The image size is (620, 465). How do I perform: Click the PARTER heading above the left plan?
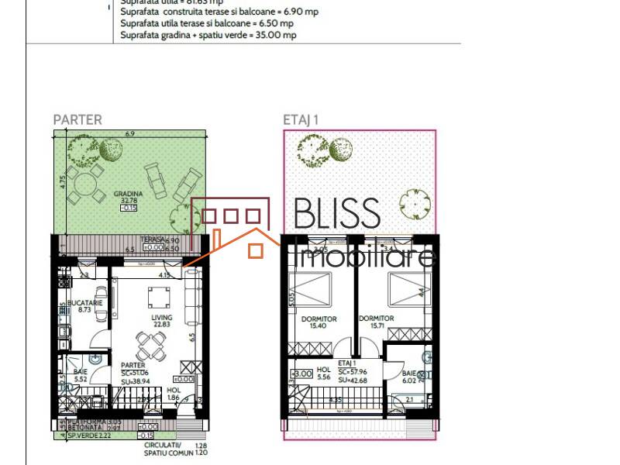(77, 120)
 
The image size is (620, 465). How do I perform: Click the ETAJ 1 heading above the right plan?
(301, 120)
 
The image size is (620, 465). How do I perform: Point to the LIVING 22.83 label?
(162, 322)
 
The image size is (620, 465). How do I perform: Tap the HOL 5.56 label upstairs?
(324, 374)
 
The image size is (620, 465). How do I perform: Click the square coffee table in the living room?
(159, 296)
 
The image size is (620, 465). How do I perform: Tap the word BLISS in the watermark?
(338, 214)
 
